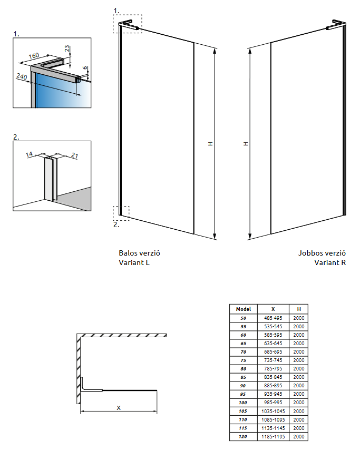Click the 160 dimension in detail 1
(x=34, y=56)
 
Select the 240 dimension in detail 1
(x=21, y=77)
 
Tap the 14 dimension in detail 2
(x=29, y=154)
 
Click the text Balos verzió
(x=139, y=253)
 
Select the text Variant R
(x=330, y=262)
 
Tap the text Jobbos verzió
(x=322, y=253)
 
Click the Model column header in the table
(x=243, y=309)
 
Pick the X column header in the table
(x=273, y=309)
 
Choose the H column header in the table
(x=299, y=309)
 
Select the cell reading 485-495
(x=273, y=318)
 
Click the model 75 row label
(x=243, y=360)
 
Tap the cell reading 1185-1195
(x=273, y=437)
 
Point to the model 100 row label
(x=243, y=403)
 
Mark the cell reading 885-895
(x=273, y=386)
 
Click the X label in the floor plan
(x=119, y=407)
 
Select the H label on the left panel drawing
(x=210, y=143)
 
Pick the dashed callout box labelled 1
(x=127, y=23)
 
